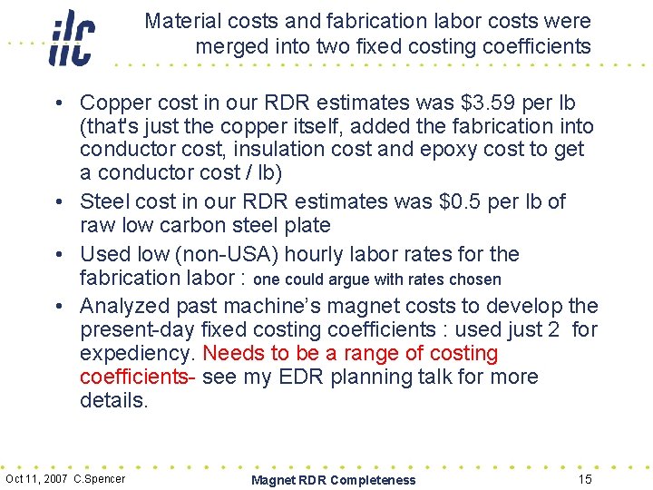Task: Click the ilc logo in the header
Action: pyautogui.click(x=72, y=38)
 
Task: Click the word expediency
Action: pyautogui.click(x=136, y=353)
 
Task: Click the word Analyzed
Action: pyautogui.click(x=130, y=306)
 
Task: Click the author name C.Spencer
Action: pyautogui.click(x=100, y=479)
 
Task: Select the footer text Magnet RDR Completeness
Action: pyautogui.click(x=334, y=480)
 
